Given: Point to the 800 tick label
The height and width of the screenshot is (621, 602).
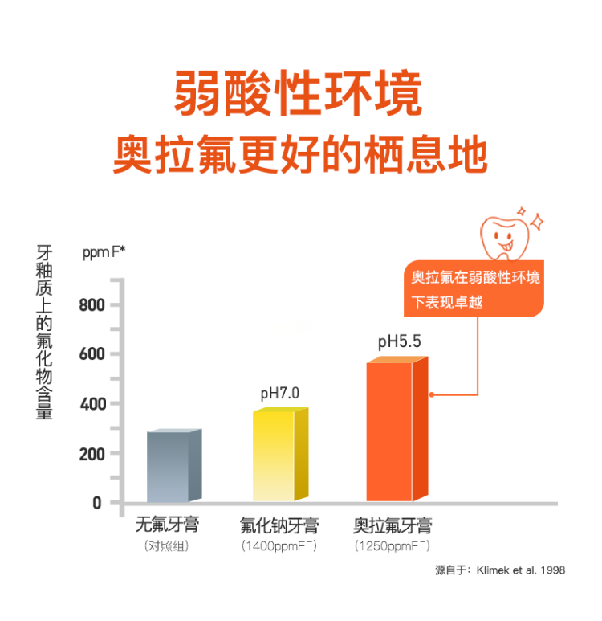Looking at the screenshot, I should tap(92, 305).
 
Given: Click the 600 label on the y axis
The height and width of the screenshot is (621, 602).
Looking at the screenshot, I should tap(92, 354).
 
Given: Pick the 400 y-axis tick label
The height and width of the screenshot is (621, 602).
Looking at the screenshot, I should tap(92, 403).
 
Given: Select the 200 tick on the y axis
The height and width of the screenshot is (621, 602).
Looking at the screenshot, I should tap(92, 454).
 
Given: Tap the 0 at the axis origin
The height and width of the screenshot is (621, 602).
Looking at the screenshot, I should tap(96, 503).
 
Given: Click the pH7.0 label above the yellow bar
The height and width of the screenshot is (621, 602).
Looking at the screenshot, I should tap(279, 394).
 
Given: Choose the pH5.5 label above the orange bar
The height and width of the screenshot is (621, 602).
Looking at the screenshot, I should tap(399, 343).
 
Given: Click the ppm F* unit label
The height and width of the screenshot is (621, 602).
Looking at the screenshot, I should tap(104, 252).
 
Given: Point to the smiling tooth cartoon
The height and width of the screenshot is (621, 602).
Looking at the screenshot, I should tap(502, 234).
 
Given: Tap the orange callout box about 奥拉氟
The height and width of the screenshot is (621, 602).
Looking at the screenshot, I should tap(474, 289).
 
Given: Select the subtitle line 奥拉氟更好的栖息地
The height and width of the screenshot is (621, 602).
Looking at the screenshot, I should tap(300, 153).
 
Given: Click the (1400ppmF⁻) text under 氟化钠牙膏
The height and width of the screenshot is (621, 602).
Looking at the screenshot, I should tap(279, 546).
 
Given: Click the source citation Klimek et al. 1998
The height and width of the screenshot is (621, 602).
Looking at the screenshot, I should tap(499, 570).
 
